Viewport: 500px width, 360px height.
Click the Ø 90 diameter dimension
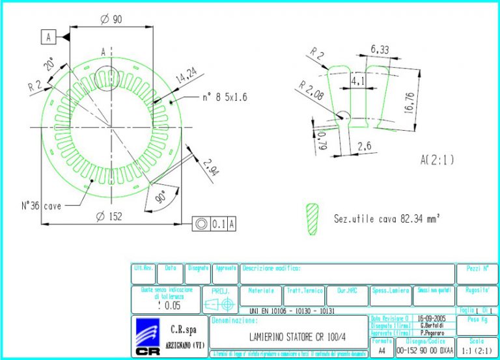(111, 20)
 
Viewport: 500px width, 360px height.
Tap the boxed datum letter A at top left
(48, 38)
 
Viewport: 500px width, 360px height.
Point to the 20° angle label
(50, 65)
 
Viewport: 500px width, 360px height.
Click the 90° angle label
(161, 195)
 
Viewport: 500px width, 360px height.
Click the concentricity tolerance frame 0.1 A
(214, 224)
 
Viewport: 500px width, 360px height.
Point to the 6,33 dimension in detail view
(380, 49)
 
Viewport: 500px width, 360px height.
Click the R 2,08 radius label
(311, 89)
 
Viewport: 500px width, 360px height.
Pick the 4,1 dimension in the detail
(357, 82)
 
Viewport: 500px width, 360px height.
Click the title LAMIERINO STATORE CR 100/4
(288, 337)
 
